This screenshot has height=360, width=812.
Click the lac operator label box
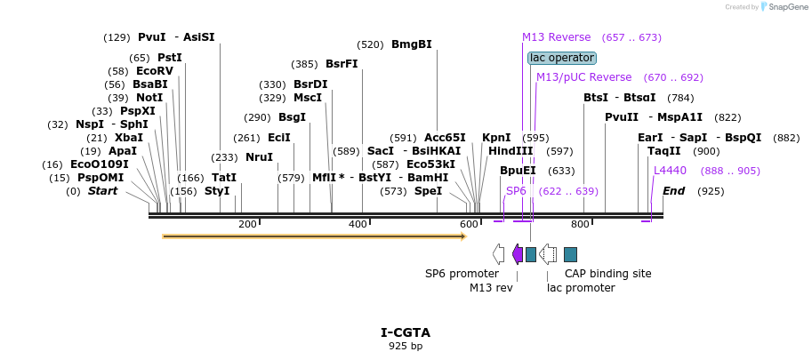pyautogui.click(x=561, y=58)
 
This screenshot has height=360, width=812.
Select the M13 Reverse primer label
pyautogui.click(x=556, y=37)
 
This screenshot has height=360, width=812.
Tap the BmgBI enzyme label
pyautogui.click(x=411, y=44)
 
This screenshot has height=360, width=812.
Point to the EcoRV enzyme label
pyautogui.click(x=154, y=71)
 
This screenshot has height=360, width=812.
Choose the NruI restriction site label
pyautogui.click(x=259, y=157)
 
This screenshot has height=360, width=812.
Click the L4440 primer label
pyautogui.click(x=670, y=171)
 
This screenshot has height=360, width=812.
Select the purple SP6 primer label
pyautogui.click(x=516, y=191)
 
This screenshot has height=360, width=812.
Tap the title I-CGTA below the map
pyautogui.click(x=406, y=332)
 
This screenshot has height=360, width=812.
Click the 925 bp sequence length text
pyautogui.click(x=406, y=346)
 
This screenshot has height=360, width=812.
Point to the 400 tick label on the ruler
pyautogui.click(x=358, y=225)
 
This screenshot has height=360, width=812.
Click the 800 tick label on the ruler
pyautogui.click(x=580, y=225)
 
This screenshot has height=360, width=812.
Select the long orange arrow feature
pyautogui.click(x=314, y=236)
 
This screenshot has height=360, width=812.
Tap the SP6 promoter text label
pyautogui.click(x=462, y=274)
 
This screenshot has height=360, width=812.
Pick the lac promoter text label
pyautogui.click(x=581, y=288)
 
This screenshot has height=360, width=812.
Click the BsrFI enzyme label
pyautogui.click(x=342, y=64)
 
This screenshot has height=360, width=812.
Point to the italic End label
pyautogui.click(x=673, y=191)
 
